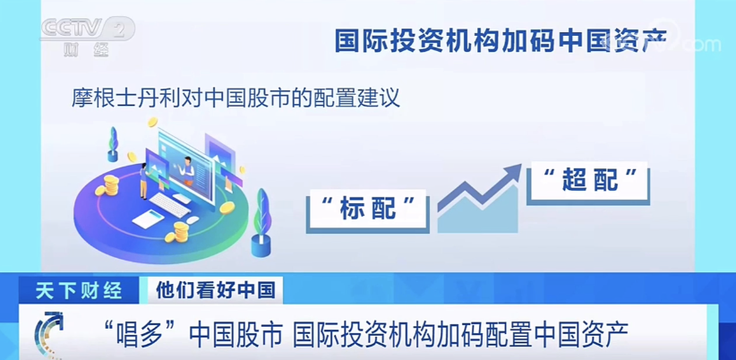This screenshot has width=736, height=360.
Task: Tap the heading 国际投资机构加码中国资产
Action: [501, 41]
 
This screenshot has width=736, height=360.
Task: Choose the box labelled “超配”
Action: [587, 182]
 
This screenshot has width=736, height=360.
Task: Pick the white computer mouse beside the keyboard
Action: [193, 219]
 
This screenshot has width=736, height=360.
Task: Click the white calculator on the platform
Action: [149, 219]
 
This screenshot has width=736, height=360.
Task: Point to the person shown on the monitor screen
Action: [188, 170]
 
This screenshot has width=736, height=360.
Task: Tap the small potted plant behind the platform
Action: [113, 144]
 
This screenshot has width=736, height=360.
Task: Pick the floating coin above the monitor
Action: [152, 122]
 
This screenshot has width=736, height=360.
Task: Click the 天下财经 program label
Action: [79, 291]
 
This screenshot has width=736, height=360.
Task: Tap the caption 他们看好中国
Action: [216, 289]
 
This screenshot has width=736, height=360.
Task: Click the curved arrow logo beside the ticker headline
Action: [49, 334]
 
